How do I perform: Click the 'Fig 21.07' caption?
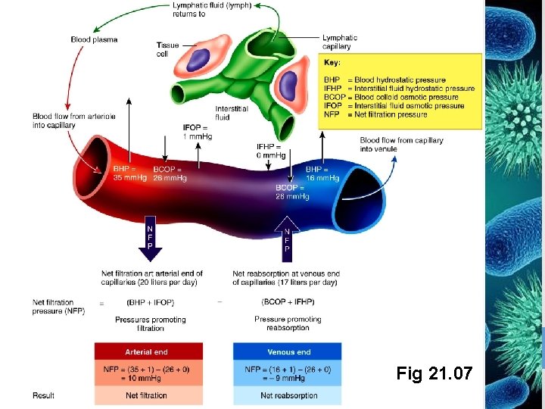click(434, 373)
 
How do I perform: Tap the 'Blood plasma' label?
click(94, 39)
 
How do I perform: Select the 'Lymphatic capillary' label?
click(340, 42)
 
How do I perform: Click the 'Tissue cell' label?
click(167, 49)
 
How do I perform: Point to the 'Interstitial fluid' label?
click(232, 113)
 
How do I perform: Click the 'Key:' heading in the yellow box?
click(332, 63)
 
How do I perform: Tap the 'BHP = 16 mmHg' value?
click(322, 173)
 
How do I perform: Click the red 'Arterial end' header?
click(148, 351)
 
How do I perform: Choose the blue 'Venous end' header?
click(288, 351)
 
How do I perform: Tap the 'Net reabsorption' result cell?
click(288, 395)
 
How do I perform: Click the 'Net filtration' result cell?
click(148, 395)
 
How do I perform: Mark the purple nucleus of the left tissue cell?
click(199, 59)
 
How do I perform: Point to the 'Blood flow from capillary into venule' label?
click(401, 145)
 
